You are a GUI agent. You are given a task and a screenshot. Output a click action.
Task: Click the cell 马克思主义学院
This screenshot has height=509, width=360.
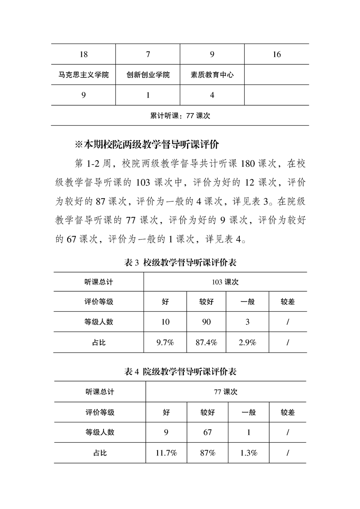[x=84, y=75]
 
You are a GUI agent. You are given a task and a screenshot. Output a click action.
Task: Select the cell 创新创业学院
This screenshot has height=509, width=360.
[x=148, y=75]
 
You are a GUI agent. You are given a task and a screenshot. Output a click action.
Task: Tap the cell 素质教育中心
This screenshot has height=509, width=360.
[x=212, y=75]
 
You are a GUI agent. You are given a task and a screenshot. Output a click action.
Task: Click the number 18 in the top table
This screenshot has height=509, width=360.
[x=84, y=55]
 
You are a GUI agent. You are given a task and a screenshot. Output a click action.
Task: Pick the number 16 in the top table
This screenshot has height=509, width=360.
[x=277, y=55]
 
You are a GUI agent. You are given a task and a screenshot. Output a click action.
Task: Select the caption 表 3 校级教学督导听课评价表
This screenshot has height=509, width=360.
[x=180, y=263]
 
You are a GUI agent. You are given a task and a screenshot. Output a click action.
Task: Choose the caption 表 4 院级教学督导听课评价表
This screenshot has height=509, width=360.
[x=180, y=372]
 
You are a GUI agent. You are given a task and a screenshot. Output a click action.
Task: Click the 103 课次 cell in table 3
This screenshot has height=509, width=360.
[x=225, y=282]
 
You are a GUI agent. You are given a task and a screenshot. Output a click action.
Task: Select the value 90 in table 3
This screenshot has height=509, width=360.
[x=206, y=322]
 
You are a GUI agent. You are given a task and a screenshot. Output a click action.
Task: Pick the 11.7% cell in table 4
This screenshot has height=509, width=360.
[x=166, y=453]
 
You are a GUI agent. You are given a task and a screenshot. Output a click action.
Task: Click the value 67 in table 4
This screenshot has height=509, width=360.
[x=207, y=432]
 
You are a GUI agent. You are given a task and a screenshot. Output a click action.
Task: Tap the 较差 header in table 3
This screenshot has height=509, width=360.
[x=288, y=302]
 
